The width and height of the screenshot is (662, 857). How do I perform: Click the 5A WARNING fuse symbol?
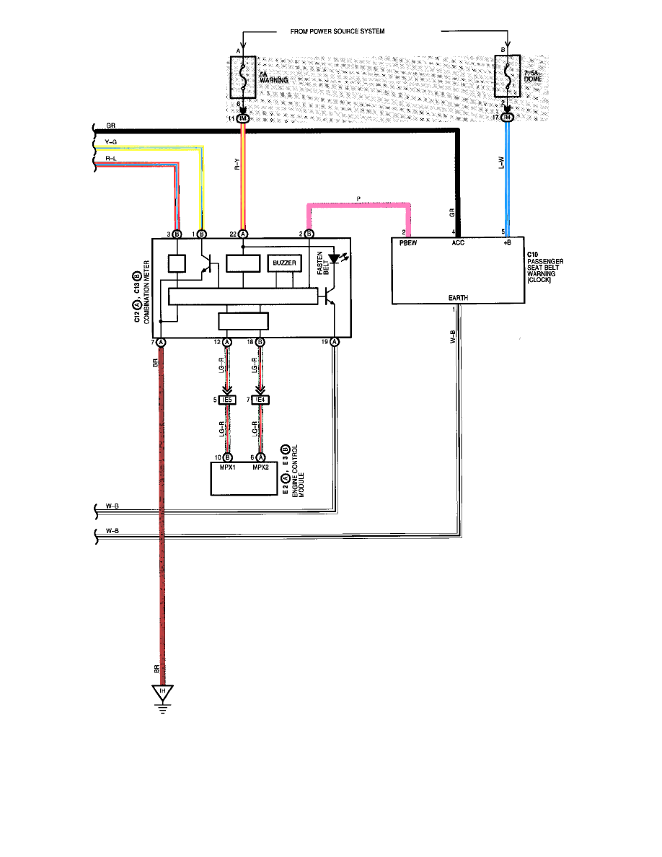coord(242,78)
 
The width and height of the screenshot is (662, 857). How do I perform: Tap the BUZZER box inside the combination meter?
coord(284,264)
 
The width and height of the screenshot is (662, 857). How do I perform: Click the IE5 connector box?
coord(227,399)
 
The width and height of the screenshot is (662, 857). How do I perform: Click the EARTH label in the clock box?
coord(458,298)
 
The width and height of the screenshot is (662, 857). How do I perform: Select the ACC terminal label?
coord(457,243)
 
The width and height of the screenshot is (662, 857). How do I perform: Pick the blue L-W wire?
coord(508,180)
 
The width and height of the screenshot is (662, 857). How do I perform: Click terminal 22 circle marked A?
coord(243,234)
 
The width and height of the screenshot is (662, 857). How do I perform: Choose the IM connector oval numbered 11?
coord(242,118)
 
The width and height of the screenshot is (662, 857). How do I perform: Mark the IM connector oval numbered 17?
coord(508,118)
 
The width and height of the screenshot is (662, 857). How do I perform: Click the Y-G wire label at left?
coord(110,142)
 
